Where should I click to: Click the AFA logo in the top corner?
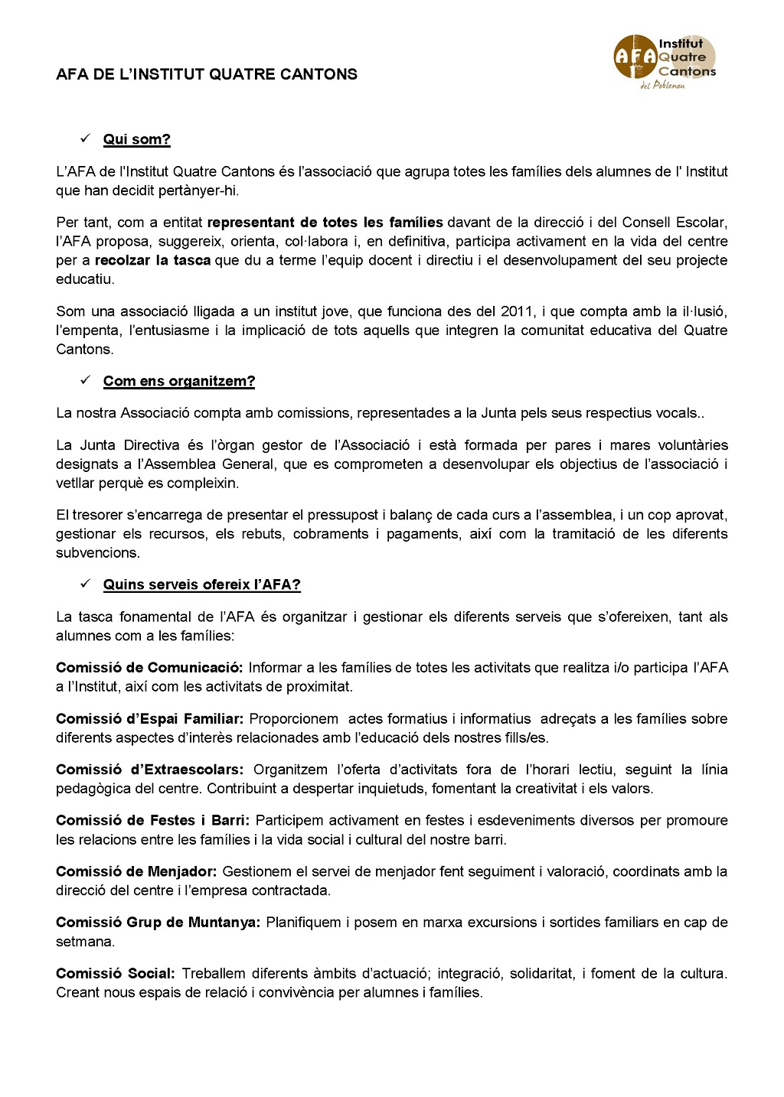point(664,60)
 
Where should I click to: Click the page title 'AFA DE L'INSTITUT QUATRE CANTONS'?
point(207,74)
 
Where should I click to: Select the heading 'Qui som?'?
point(137,139)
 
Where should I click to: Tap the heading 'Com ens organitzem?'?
point(179,381)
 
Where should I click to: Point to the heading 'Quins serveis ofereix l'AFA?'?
point(202,584)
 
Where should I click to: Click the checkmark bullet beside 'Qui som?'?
point(86,138)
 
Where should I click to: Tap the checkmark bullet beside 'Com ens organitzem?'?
point(86,380)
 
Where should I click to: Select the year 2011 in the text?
point(516,311)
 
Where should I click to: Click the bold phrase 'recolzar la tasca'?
point(152,260)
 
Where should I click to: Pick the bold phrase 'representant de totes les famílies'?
point(325,223)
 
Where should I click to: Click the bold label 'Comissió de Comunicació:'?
point(149,668)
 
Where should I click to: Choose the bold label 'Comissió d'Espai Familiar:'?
point(150,719)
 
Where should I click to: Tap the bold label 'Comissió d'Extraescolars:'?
point(150,770)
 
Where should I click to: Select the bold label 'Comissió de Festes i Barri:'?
point(152,821)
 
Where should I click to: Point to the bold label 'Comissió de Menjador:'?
point(136,871)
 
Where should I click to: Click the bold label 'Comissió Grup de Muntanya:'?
point(158,923)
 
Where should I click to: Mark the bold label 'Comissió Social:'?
point(116,974)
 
